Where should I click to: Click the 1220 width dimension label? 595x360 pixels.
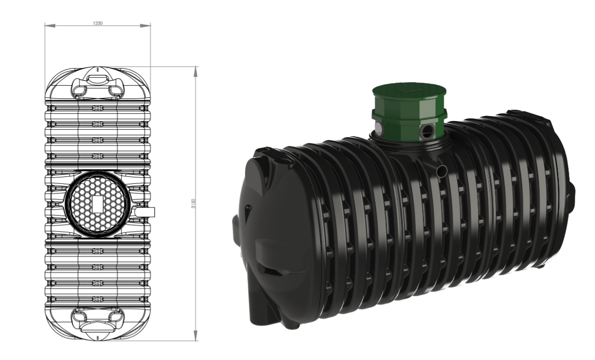[x=98, y=23]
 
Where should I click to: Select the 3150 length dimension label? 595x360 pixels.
[x=194, y=203]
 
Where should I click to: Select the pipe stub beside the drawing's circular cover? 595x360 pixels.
[x=145, y=212]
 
